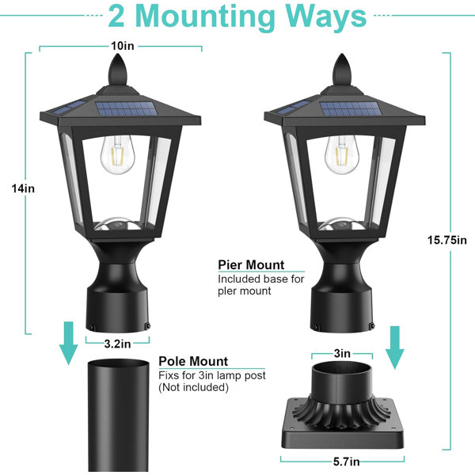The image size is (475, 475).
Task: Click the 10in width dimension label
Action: pyautogui.click(x=123, y=46)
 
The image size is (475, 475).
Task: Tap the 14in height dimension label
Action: pyautogui.click(x=23, y=188)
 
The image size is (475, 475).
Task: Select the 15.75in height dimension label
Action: pyautogui.click(x=446, y=240)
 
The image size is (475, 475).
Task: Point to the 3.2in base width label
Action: pyautogui.click(x=117, y=344)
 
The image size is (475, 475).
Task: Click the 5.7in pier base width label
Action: pyautogui.click(x=347, y=462)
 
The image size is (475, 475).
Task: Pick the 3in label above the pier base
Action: pyautogui.click(x=342, y=353)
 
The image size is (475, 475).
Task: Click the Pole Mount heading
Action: pyautogui.click(x=193, y=361)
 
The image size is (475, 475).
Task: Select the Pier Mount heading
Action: pyautogui.click(x=251, y=264)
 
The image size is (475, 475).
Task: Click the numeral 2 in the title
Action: pyautogui.click(x=116, y=17)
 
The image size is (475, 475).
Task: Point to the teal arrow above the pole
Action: pyautogui.click(x=69, y=343)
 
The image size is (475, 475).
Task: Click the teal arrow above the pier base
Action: pyautogui.click(x=394, y=348)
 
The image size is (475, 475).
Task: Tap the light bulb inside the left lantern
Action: pyautogui.click(x=117, y=154)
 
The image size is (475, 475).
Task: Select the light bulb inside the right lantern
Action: pyautogui.click(x=342, y=154)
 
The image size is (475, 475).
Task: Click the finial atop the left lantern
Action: pyautogui.click(x=117, y=70)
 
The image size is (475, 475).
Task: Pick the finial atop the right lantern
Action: pyautogui.click(x=342, y=70)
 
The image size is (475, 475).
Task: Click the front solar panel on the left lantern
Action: pyautogui.click(x=127, y=108)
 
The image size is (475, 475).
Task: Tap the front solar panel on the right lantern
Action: pyautogui.click(x=351, y=108)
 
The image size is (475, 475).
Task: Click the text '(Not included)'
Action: pyautogui.click(x=193, y=387)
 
